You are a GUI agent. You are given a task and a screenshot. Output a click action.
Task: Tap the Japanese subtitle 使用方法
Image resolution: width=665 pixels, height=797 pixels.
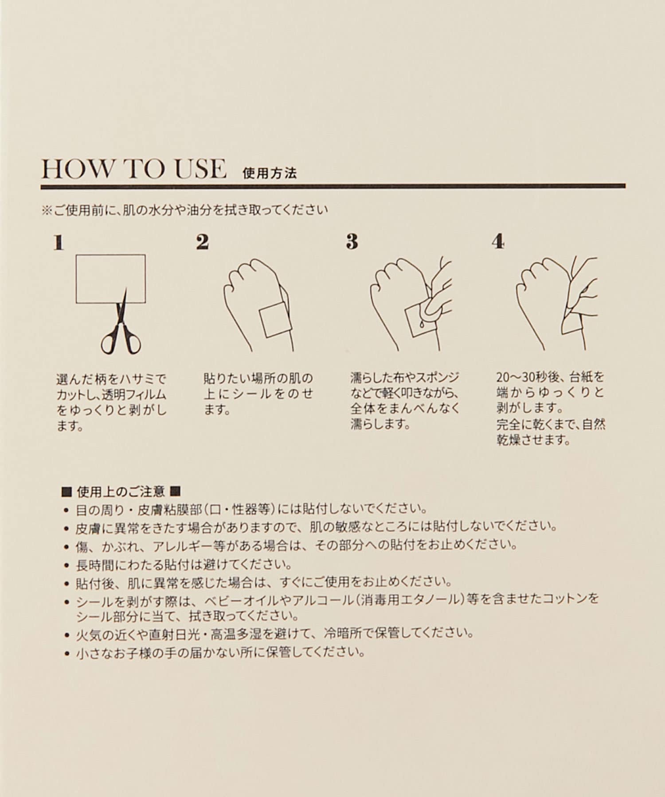pyautogui.click(x=270, y=173)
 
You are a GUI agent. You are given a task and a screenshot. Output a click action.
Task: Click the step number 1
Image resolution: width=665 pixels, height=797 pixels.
pyautogui.click(x=59, y=242)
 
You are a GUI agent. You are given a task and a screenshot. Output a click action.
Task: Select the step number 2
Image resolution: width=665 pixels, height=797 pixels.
pyautogui.click(x=202, y=242)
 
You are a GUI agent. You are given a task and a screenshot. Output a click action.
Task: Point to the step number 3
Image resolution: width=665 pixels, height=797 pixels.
pyautogui.click(x=352, y=242)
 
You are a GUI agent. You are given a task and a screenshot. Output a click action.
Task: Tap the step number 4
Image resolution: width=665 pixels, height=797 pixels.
pyautogui.click(x=498, y=242)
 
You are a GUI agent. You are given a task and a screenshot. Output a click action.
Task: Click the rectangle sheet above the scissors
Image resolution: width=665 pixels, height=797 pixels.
pyautogui.click(x=111, y=279)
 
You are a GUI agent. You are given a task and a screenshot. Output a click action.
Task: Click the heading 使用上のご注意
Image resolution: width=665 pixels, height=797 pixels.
pyautogui.click(x=121, y=491)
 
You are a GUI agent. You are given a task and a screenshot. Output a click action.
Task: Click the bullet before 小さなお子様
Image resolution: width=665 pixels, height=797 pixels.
pyautogui.click(x=67, y=654)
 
